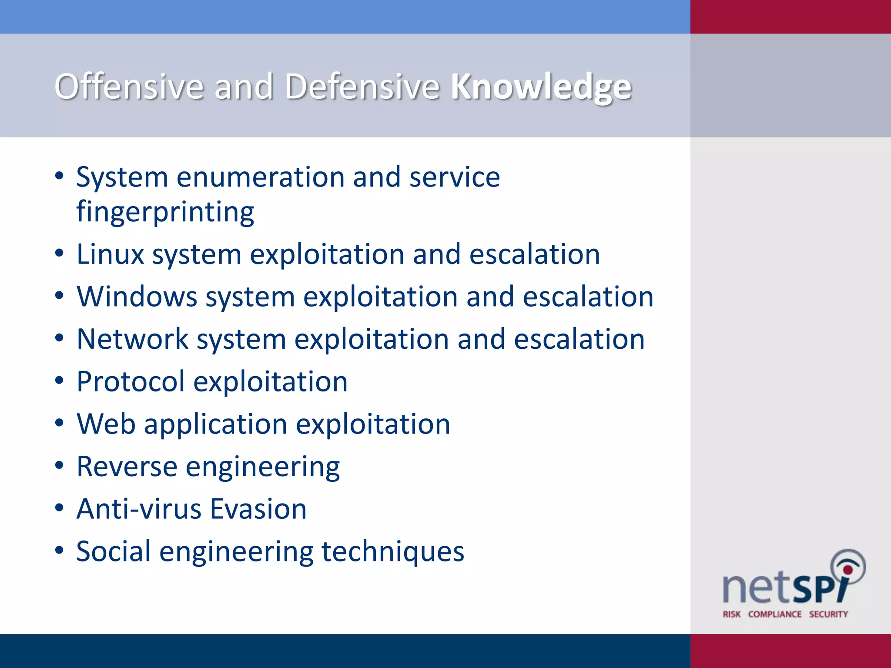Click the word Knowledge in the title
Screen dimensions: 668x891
tap(541, 87)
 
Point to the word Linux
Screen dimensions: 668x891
tap(110, 254)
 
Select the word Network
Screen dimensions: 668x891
tap(133, 339)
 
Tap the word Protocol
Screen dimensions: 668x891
tap(131, 382)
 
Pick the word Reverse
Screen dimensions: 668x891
tap(127, 467)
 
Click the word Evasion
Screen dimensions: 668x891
tap(258, 509)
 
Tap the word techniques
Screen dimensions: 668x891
tap(393, 551)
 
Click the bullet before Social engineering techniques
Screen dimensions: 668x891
tap(60, 550)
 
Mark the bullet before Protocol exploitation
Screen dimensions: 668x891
tap(60, 381)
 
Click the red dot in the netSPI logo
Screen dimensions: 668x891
tap(847, 570)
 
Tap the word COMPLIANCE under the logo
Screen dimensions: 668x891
tap(775, 614)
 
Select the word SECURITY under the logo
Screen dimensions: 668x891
tap(828, 614)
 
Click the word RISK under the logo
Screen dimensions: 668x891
tap(732, 614)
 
